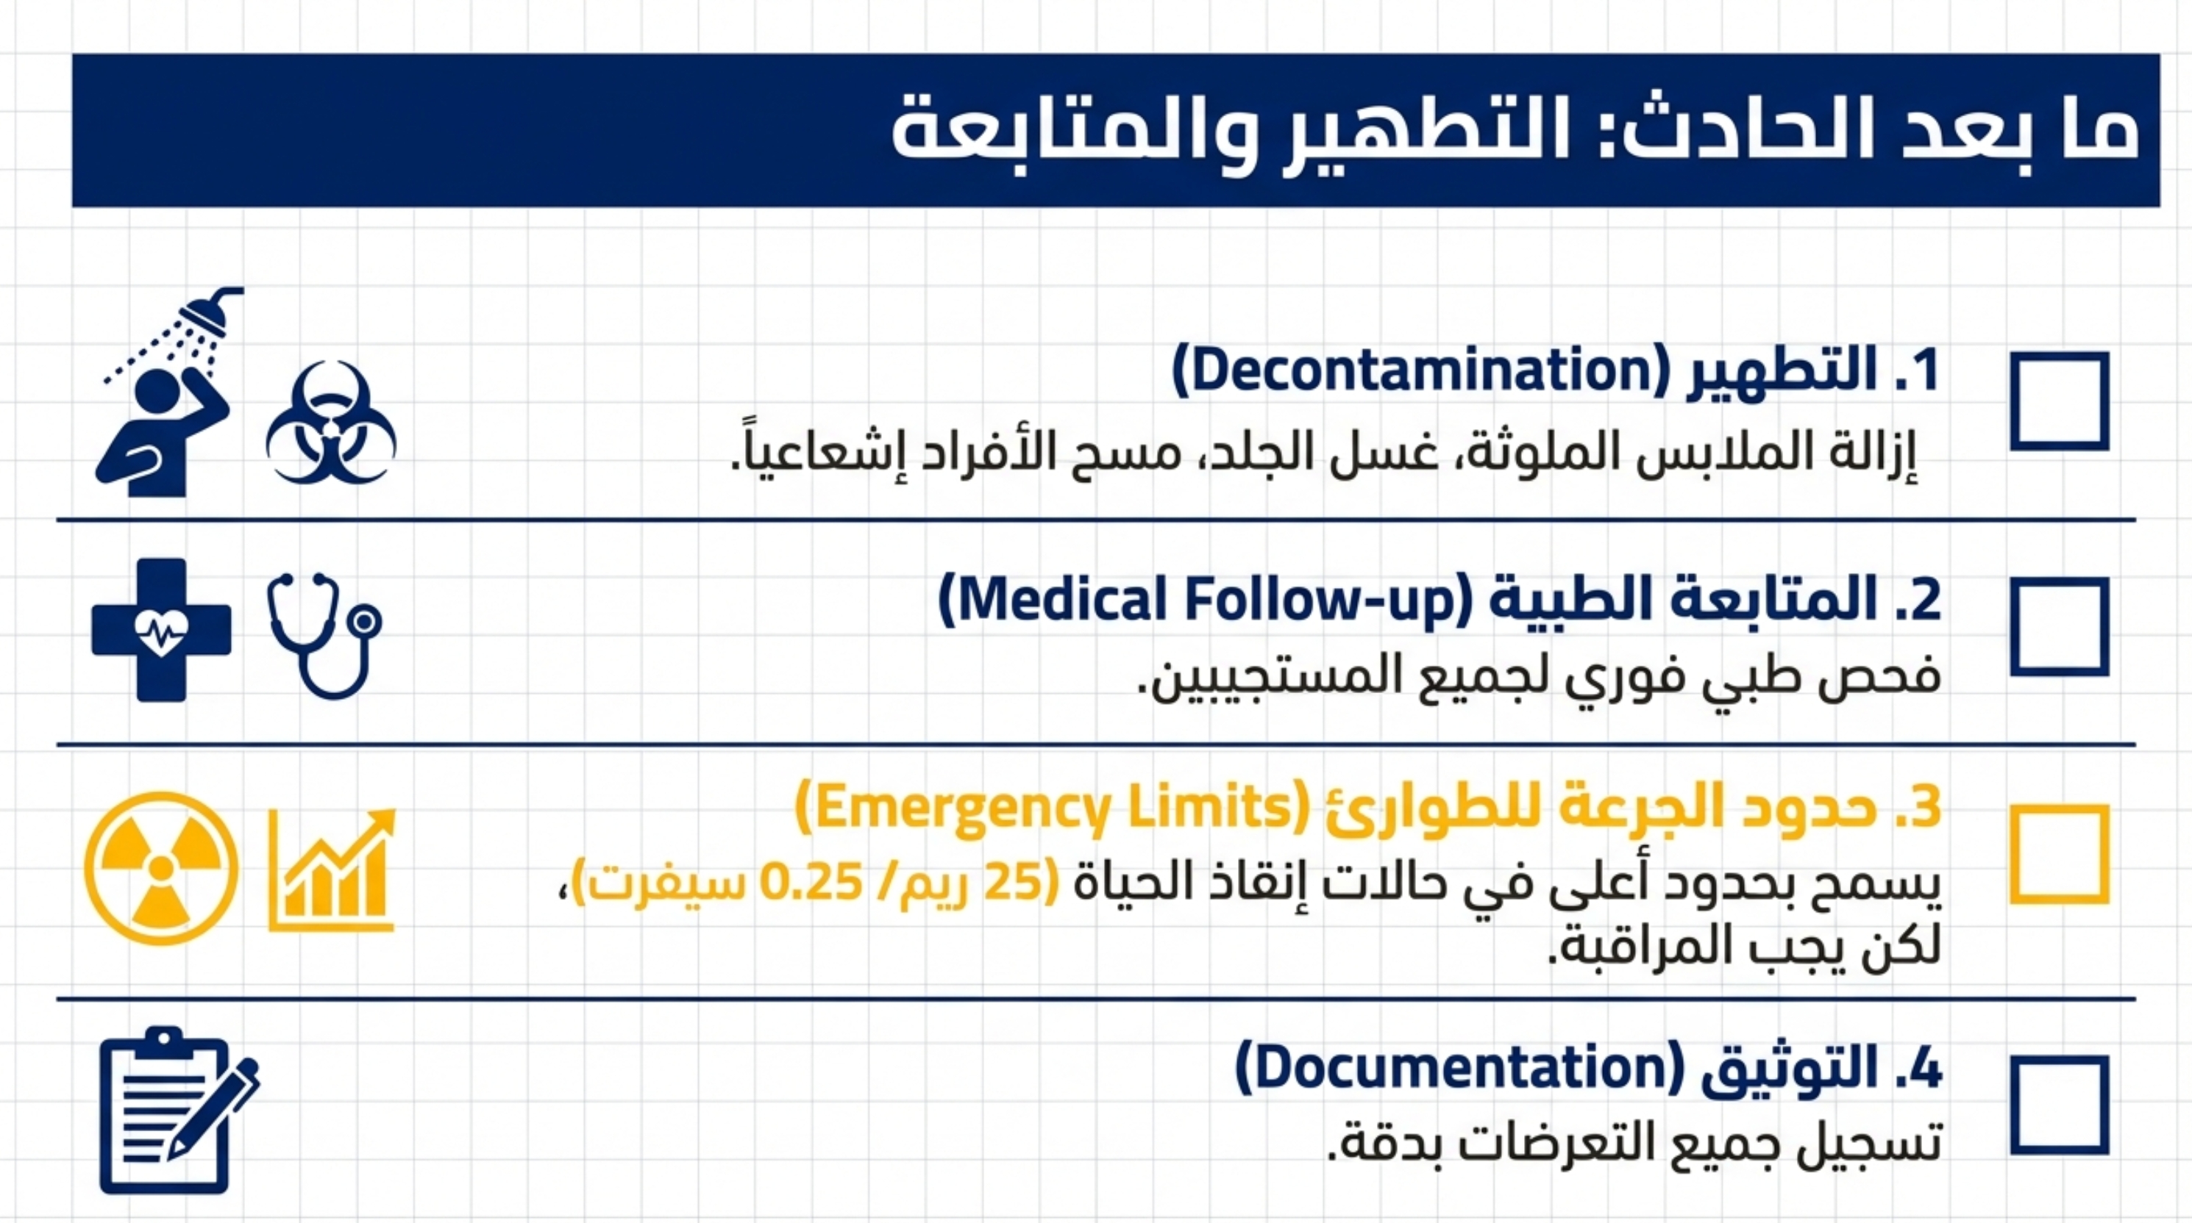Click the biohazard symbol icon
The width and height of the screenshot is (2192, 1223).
click(331, 423)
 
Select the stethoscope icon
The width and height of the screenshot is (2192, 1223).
click(325, 634)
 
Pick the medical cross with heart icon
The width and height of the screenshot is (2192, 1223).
click(162, 630)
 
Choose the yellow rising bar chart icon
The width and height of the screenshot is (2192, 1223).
click(332, 869)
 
